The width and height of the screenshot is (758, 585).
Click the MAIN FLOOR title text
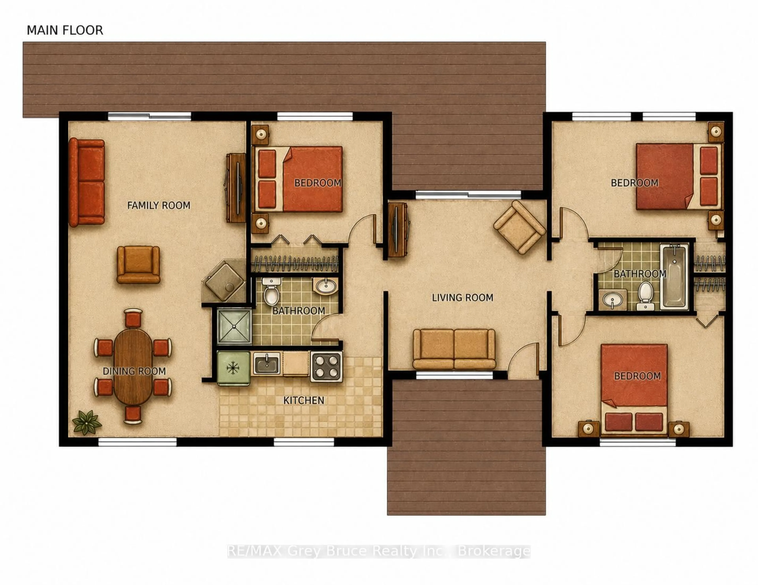pyautogui.click(x=65, y=31)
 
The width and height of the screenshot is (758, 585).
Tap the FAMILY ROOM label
pyautogui.click(x=159, y=205)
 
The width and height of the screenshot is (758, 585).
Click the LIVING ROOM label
pyautogui.click(x=462, y=298)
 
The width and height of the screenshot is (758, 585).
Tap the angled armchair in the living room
pyautogui.click(x=519, y=227)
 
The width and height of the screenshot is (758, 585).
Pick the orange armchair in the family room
pyautogui.click(x=138, y=264)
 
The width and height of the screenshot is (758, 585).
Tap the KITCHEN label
pyautogui.click(x=304, y=400)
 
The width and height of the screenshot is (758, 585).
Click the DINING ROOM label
pyautogui.click(x=134, y=371)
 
